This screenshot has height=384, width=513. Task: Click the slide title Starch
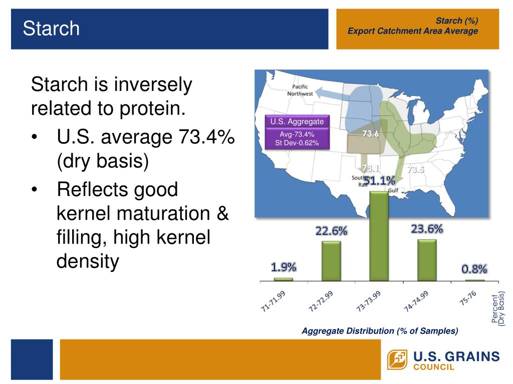click(51, 28)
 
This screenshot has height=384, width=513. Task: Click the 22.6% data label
click(331, 231)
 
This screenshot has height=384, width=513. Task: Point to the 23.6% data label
click(427, 229)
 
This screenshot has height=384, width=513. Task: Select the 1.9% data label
click(284, 267)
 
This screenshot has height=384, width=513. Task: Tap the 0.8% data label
click(474, 269)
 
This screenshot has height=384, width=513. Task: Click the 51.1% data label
click(379, 180)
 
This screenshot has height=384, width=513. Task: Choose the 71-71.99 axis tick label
click(274, 301)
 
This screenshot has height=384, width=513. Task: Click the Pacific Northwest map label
click(301, 90)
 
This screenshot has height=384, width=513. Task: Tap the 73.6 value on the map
click(371, 134)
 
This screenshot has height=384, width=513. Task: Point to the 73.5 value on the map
click(415, 169)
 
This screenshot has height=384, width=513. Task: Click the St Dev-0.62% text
click(297, 143)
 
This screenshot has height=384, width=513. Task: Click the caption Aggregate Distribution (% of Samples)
click(380, 331)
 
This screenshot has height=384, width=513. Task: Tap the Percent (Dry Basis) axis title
click(498, 308)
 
